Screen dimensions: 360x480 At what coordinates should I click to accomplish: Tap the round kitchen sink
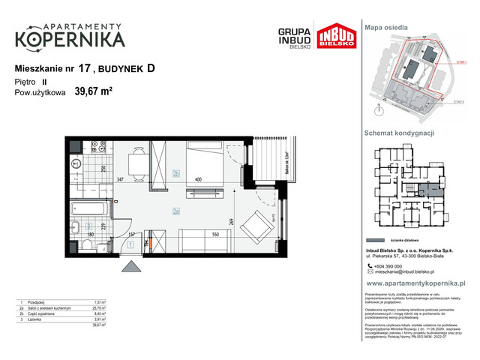coord(76,163)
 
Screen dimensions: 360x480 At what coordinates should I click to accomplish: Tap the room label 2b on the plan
coord(175,175)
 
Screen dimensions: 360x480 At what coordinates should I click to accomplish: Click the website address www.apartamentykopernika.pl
coord(416,284)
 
